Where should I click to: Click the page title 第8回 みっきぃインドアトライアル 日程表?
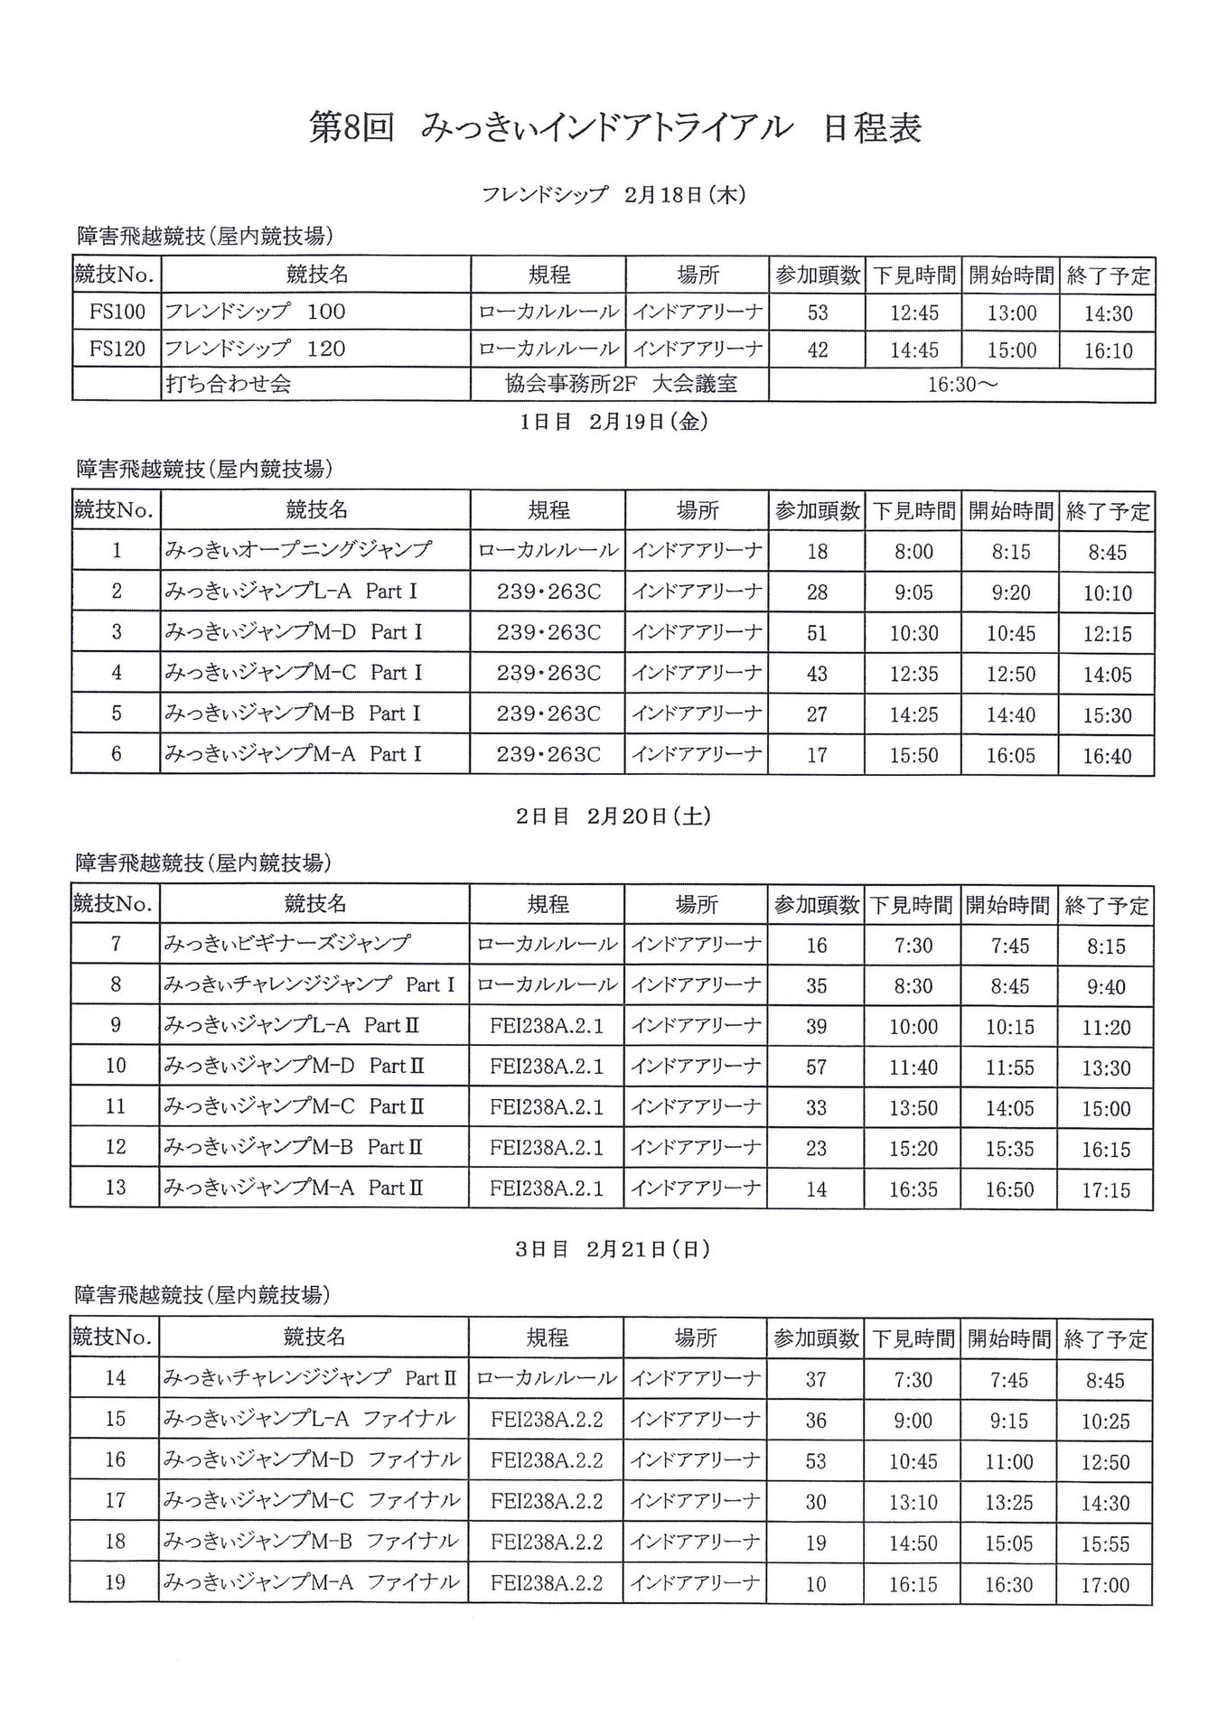614,128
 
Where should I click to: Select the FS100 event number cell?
117,312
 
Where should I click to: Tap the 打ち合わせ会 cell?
229,385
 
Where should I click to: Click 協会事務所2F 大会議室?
621,385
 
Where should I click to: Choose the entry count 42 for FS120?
818,350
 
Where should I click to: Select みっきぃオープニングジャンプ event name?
298,549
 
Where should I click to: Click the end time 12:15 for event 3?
1108,634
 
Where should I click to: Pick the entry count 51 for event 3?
818,633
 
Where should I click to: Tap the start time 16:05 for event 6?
1011,755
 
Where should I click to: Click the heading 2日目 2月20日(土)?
613,816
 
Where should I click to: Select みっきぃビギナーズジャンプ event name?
287,944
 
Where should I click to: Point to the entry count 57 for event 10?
817,1067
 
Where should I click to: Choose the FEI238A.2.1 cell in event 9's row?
547,1026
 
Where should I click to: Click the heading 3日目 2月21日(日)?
613,1249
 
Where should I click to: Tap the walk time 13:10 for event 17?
913,1503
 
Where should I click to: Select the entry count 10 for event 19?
816,1584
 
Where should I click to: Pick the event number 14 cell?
116,1378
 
